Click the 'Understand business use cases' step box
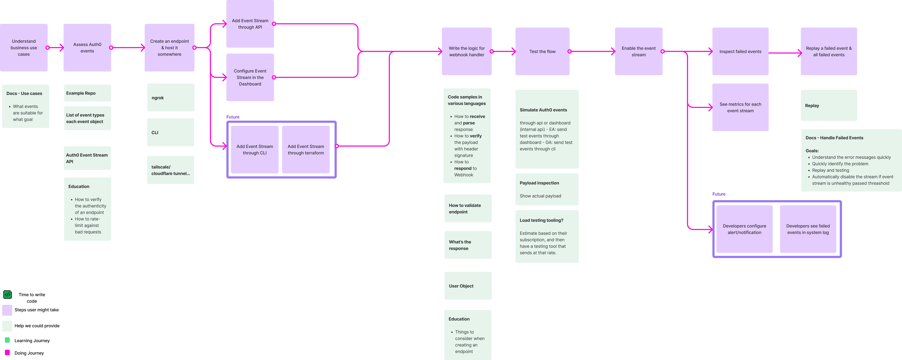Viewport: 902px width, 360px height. pyautogui.click(x=24, y=48)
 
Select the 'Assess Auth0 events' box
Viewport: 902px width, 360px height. pyautogui.click(x=87, y=48)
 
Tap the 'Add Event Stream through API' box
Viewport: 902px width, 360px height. pyautogui.click(x=250, y=24)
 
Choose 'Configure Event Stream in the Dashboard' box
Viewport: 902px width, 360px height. pyautogui.click(x=250, y=77)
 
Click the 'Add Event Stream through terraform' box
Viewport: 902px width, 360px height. pyautogui.click(x=306, y=150)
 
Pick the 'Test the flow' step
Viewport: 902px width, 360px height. pyautogui.click(x=542, y=52)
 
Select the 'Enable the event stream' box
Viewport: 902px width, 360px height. pyautogui.click(x=639, y=52)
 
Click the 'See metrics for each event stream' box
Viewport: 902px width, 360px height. pyautogui.click(x=740, y=108)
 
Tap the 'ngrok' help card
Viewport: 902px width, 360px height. pyautogui.click(x=171, y=98)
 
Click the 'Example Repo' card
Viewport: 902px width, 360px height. pyautogui.click(x=87, y=93)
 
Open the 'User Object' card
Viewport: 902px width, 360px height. pyautogui.click(x=468, y=286)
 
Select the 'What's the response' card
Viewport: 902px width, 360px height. pyautogui.click(x=468, y=245)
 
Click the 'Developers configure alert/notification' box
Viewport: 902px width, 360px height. pyautogui.click(x=744, y=229)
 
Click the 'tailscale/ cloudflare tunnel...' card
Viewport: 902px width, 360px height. pyautogui.click(x=171, y=170)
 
